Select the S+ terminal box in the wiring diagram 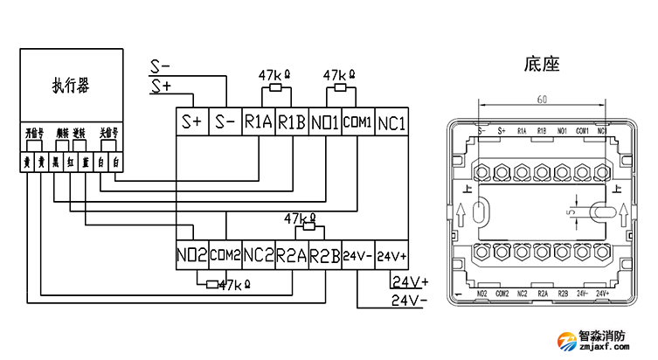click(x=192, y=122)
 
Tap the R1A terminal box click(x=259, y=122)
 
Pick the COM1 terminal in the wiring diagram click(x=357, y=122)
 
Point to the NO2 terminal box click(x=191, y=256)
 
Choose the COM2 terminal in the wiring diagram click(x=225, y=256)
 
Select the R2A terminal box click(x=291, y=256)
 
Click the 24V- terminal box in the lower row click(x=357, y=256)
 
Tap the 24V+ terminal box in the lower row click(x=391, y=256)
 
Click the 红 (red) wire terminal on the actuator click(x=71, y=162)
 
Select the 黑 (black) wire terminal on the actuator click(x=56, y=162)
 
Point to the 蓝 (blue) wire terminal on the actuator click(x=86, y=162)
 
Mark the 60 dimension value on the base click(x=542, y=99)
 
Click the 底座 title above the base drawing click(x=542, y=64)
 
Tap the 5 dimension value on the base click(x=569, y=211)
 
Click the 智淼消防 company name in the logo click(x=603, y=335)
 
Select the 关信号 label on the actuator click(x=108, y=134)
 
